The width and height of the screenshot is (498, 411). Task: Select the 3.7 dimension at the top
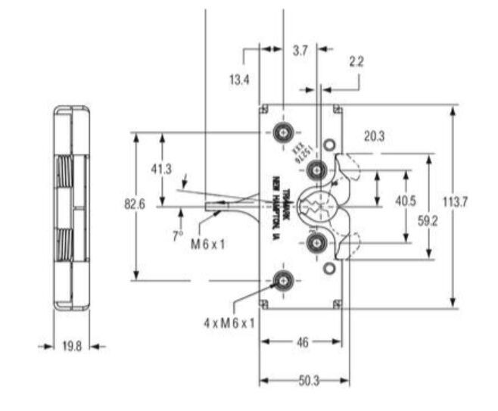point(300,50)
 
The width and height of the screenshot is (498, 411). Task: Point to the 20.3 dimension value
point(373,136)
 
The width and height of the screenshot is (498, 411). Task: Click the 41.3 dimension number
point(160,169)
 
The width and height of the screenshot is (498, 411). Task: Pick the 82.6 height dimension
point(134,204)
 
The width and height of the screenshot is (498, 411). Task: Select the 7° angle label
point(177,235)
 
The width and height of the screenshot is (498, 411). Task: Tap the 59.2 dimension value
point(428,222)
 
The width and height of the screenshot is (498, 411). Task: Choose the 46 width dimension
point(302,342)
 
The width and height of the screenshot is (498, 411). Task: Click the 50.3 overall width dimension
point(305,378)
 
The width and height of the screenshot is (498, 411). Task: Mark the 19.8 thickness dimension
point(72,347)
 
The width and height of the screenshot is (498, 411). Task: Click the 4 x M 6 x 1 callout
point(229,322)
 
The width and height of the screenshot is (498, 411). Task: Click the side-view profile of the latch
point(71,207)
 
